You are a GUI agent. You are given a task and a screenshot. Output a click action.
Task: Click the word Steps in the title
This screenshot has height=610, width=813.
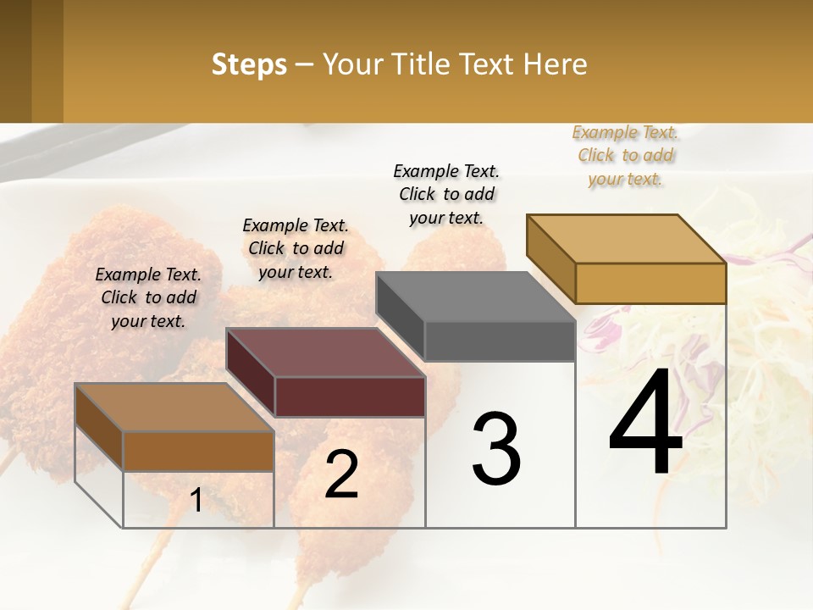tap(249, 64)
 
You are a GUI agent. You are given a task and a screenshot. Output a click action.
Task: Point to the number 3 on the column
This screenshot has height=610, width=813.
tap(495, 449)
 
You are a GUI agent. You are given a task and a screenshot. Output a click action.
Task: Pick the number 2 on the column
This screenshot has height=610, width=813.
tap(341, 475)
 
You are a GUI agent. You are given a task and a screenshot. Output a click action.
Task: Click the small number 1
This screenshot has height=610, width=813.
tap(196, 501)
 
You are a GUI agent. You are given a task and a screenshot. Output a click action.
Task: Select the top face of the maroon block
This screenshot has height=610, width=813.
tap(325, 352)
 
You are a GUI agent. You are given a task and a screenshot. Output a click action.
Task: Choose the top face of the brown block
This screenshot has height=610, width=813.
tap(174, 408)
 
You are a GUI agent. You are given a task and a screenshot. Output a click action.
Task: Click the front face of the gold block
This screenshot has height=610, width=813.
tap(650, 283)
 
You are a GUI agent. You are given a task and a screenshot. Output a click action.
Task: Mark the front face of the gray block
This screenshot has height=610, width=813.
tap(500, 341)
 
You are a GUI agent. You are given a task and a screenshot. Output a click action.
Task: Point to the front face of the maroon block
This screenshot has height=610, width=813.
tap(350, 396)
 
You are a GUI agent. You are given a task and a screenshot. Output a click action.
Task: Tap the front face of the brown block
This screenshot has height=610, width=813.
tap(198, 451)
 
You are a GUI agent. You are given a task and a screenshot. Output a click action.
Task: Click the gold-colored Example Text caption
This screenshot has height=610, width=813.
tap(625, 156)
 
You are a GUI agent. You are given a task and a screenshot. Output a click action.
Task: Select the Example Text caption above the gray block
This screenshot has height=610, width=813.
tap(446, 194)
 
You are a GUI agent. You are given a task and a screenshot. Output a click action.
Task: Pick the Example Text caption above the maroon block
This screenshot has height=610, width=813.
tap(296, 248)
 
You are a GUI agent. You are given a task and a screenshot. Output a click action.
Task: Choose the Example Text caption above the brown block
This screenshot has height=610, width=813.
tap(148, 297)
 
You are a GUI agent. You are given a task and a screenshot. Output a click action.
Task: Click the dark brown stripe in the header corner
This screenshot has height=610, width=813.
tap(15, 61)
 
